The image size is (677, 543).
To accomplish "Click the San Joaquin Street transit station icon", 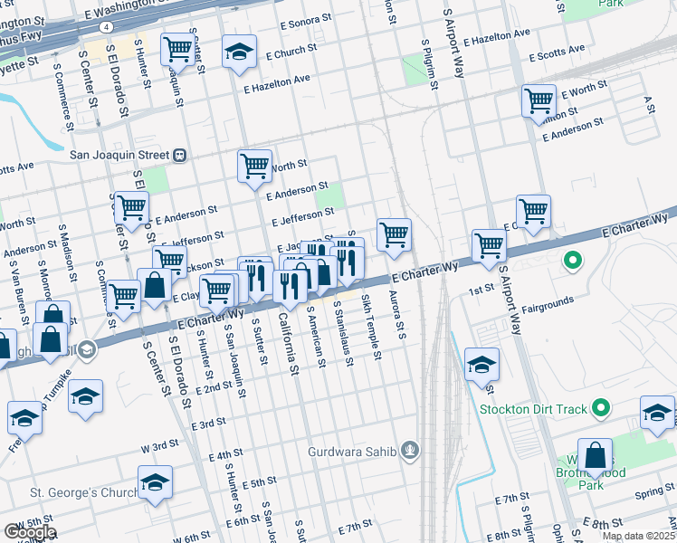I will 180,155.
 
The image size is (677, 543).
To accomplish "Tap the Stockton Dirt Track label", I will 533,409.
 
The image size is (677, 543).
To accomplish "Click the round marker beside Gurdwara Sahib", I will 411,450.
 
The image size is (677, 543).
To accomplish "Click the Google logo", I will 29,531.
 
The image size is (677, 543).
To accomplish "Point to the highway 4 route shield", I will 108,27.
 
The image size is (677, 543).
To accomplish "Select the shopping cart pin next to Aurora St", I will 394,234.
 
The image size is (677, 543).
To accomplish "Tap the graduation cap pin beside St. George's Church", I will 155,481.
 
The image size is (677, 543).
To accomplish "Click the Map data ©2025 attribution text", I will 638,536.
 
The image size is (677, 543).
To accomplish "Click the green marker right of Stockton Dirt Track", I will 598,409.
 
